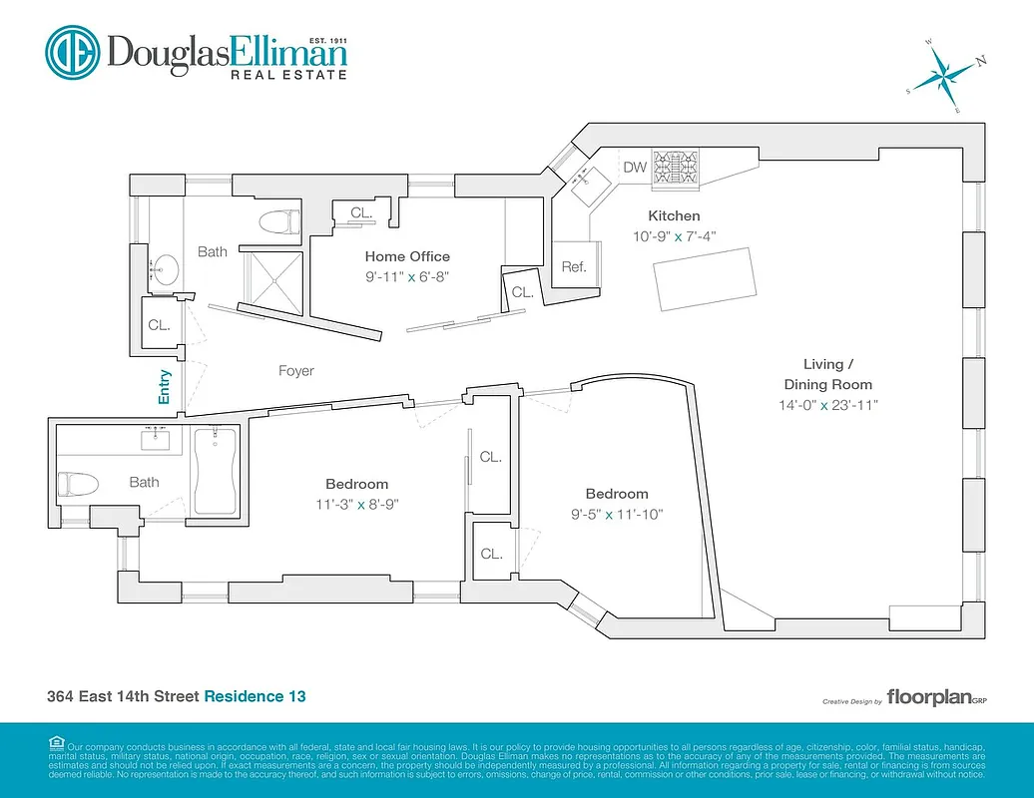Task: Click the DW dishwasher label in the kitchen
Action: click(x=635, y=168)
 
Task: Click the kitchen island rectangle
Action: click(x=705, y=274)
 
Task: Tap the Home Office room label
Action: click(x=406, y=256)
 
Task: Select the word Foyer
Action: click(x=295, y=371)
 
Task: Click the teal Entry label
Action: click(x=165, y=387)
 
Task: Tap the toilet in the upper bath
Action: click(x=277, y=221)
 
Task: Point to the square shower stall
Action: click(x=271, y=278)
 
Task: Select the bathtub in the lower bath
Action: click(x=215, y=469)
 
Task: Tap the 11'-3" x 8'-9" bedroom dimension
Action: click(x=355, y=504)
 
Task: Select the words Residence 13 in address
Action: click(x=255, y=696)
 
